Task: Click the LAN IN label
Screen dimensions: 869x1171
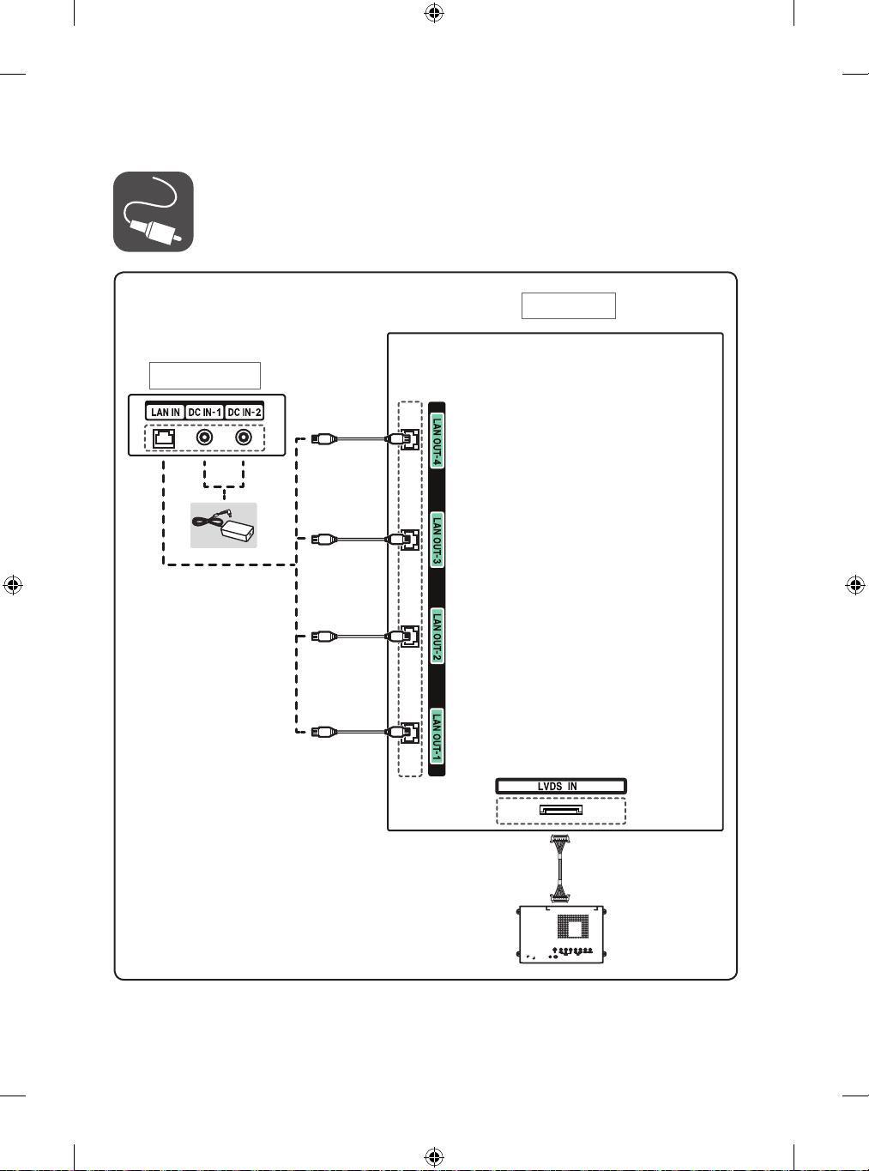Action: (x=166, y=413)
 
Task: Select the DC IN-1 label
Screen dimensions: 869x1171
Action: (x=204, y=413)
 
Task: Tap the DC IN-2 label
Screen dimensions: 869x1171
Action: (x=244, y=413)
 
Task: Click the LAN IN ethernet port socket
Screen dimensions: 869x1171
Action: (x=164, y=438)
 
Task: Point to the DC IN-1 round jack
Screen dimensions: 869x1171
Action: (x=204, y=438)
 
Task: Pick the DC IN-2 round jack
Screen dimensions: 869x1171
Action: (x=244, y=438)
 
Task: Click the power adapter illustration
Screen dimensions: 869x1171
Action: (x=224, y=525)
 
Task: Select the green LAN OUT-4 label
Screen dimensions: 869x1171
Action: (x=437, y=441)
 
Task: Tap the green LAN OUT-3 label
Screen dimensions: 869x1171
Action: (x=437, y=540)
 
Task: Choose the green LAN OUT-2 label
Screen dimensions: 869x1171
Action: (x=437, y=636)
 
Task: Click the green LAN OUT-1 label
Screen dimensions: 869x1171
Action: (x=437, y=736)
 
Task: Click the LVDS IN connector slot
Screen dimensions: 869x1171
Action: (x=561, y=810)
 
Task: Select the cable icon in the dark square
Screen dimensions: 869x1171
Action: (x=153, y=212)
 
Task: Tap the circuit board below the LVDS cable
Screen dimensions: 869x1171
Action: (x=562, y=934)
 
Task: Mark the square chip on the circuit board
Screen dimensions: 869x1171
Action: (x=573, y=926)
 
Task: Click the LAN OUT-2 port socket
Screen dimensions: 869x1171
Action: (x=409, y=637)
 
